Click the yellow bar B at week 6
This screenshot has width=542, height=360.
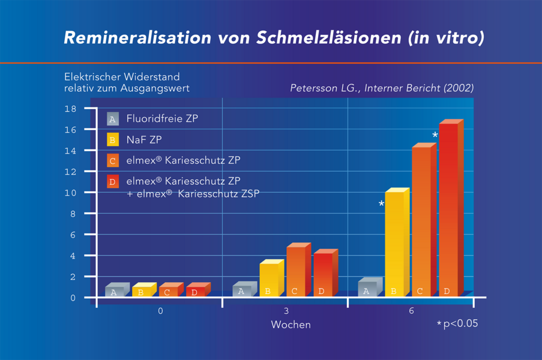click(x=394, y=243)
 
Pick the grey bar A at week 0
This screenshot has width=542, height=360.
click(x=114, y=292)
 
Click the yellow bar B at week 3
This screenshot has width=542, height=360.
click(x=268, y=280)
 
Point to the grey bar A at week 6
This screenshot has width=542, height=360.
click(x=367, y=289)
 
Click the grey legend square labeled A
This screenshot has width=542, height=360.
click(x=113, y=119)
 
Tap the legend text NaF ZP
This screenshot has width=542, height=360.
click(x=144, y=140)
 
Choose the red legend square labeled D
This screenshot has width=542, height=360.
click(x=113, y=182)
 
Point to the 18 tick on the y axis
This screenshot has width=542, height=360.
click(x=70, y=109)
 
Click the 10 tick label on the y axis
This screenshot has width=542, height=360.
click(x=70, y=193)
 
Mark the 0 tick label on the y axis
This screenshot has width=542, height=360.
click(x=73, y=298)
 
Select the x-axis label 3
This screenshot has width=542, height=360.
click(x=286, y=311)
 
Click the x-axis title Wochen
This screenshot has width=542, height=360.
click(x=291, y=325)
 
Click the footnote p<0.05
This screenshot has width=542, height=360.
click(x=460, y=324)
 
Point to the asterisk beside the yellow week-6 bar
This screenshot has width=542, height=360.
click(x=381, y=205)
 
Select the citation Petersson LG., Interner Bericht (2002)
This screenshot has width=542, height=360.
click(x=382, y=88)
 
